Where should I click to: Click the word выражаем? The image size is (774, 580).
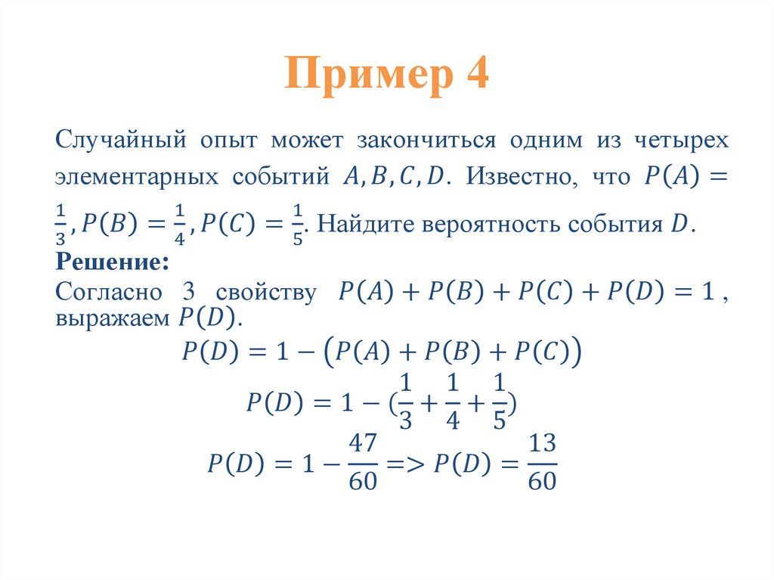112,318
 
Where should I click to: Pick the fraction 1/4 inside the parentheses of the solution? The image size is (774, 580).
452,401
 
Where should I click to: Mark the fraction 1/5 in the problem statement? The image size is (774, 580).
298,225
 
